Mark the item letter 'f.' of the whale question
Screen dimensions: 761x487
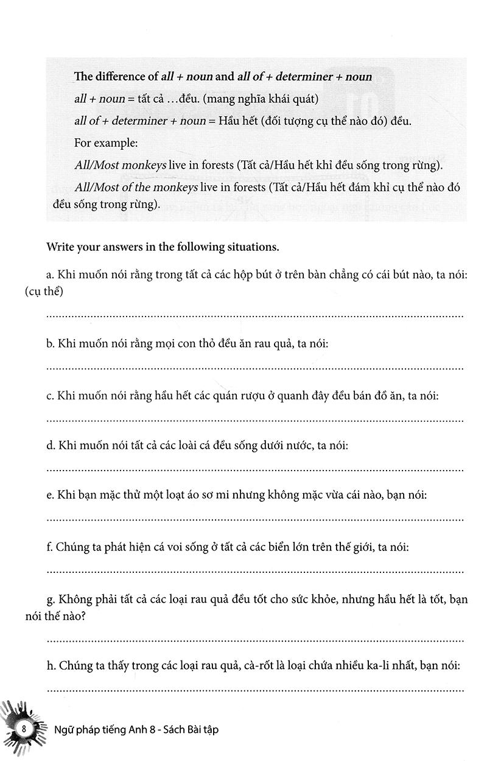[x=50, y=548]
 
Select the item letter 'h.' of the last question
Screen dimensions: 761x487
[x=51, y=666]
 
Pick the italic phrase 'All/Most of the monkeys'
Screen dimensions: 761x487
[x=135, y=188]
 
